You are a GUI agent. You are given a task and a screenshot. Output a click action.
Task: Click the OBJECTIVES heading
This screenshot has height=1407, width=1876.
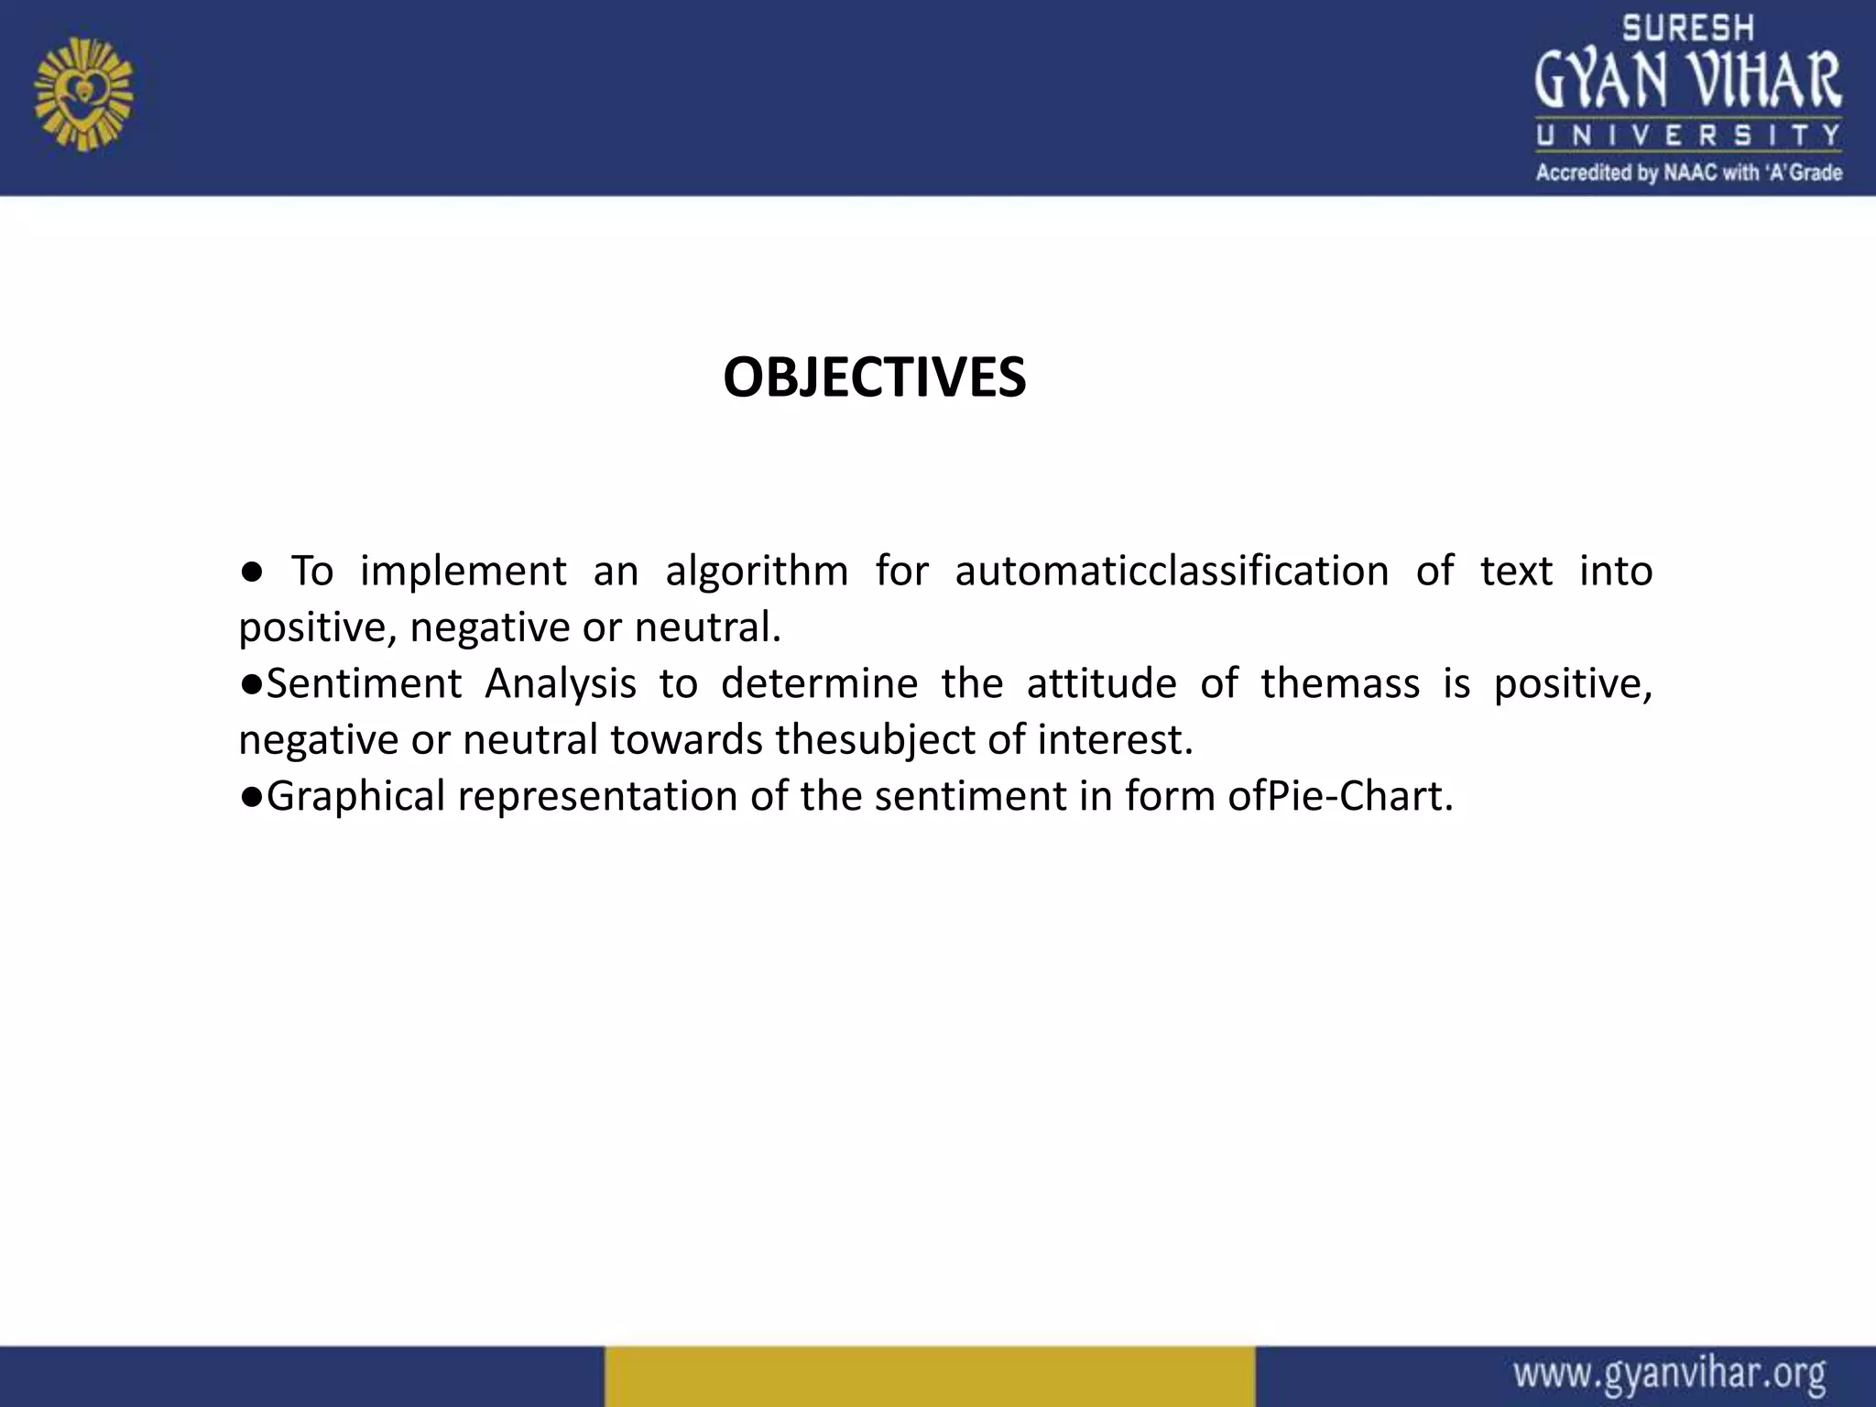874,377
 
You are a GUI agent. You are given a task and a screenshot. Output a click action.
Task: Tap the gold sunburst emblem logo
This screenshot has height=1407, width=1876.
83,93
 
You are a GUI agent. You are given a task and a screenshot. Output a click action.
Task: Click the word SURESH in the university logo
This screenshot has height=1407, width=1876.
1687,28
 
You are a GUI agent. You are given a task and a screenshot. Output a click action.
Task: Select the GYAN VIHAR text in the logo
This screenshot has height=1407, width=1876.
1687,81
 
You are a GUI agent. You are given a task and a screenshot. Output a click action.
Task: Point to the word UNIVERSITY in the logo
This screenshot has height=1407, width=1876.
1687,136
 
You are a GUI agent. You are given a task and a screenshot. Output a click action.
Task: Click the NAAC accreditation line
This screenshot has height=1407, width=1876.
1687,172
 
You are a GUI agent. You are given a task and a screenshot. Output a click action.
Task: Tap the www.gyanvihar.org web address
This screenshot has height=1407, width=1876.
1669,1375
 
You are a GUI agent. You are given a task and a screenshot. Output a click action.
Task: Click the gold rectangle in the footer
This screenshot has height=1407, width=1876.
929,1376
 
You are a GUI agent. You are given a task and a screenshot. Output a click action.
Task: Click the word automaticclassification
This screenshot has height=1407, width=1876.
1172,571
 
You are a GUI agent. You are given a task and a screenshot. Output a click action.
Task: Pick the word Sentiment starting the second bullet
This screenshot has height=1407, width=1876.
364,684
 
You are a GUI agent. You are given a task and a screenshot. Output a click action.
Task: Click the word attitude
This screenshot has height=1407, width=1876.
1101,684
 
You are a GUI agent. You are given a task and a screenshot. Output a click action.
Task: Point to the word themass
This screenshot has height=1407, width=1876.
1339,684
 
